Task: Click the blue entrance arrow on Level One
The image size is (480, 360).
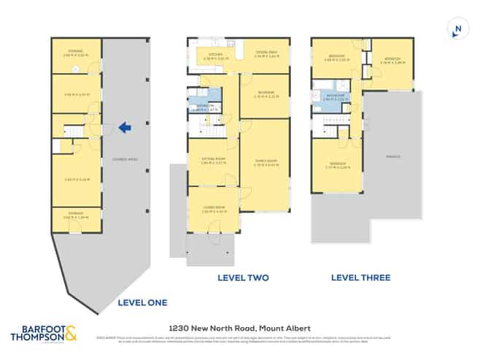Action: pyautogui.click(x=125, y=129)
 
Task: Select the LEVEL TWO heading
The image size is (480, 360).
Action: pyautogui.click(x=244, y=277)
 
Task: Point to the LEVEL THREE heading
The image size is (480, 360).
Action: pyautogui.click(x=360, y=277)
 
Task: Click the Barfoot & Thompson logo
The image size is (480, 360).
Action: pyautogui.click(x=44, y=333)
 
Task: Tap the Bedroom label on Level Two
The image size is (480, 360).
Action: pyautogui.click(x=266, y=92)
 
